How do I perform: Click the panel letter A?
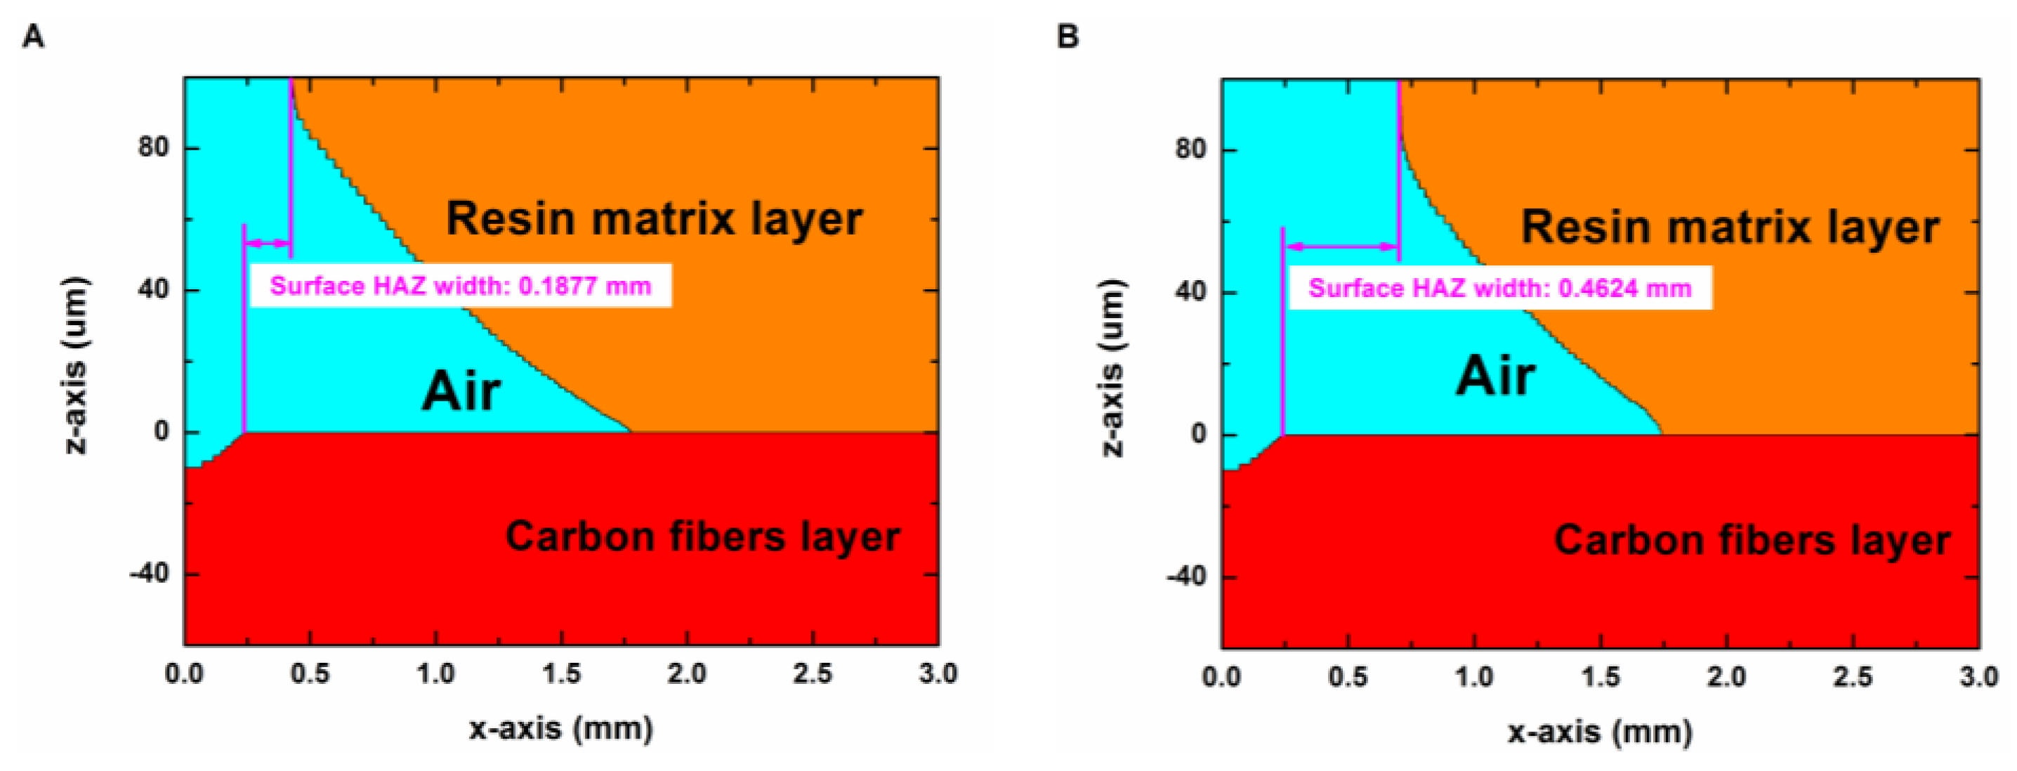pyautogui.click(x=32, y=36)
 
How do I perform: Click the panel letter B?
pyautogui.click(x=1067, y=37)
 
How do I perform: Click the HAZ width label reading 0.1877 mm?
pyautogui.click(x=461, y=286)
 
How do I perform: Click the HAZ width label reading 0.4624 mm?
pyautogui.click(x=1499, y=289)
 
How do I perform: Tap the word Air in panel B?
pyautogui.click(x=1494, y=376)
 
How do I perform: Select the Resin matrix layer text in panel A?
pyautogui.click(x=654, y=219)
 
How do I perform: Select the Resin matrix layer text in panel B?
pyautogui.click(x=1730, y=228)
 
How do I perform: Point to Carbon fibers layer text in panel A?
pyautogui.click(x=702, y=537)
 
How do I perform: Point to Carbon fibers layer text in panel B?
pyautogui.click(x=1752, y=540)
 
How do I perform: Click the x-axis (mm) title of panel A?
pyautogui.click(x=560, y=729)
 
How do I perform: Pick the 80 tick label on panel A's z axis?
pyautogui.click(x=154, y=147)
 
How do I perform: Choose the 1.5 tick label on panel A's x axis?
pyautogui.click(x=561, y=674)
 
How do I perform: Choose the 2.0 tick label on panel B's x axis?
pyautogui.click(x=1726, y=676)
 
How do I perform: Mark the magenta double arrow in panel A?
pyautogui.click(x=267, y=244)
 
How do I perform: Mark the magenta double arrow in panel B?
pyautogui.click(x=1341, y=246)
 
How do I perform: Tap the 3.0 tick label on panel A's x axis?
pyautogui.click(x=938, y=674)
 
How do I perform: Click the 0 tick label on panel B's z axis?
pyautogui.click(x=1198, y=435)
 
